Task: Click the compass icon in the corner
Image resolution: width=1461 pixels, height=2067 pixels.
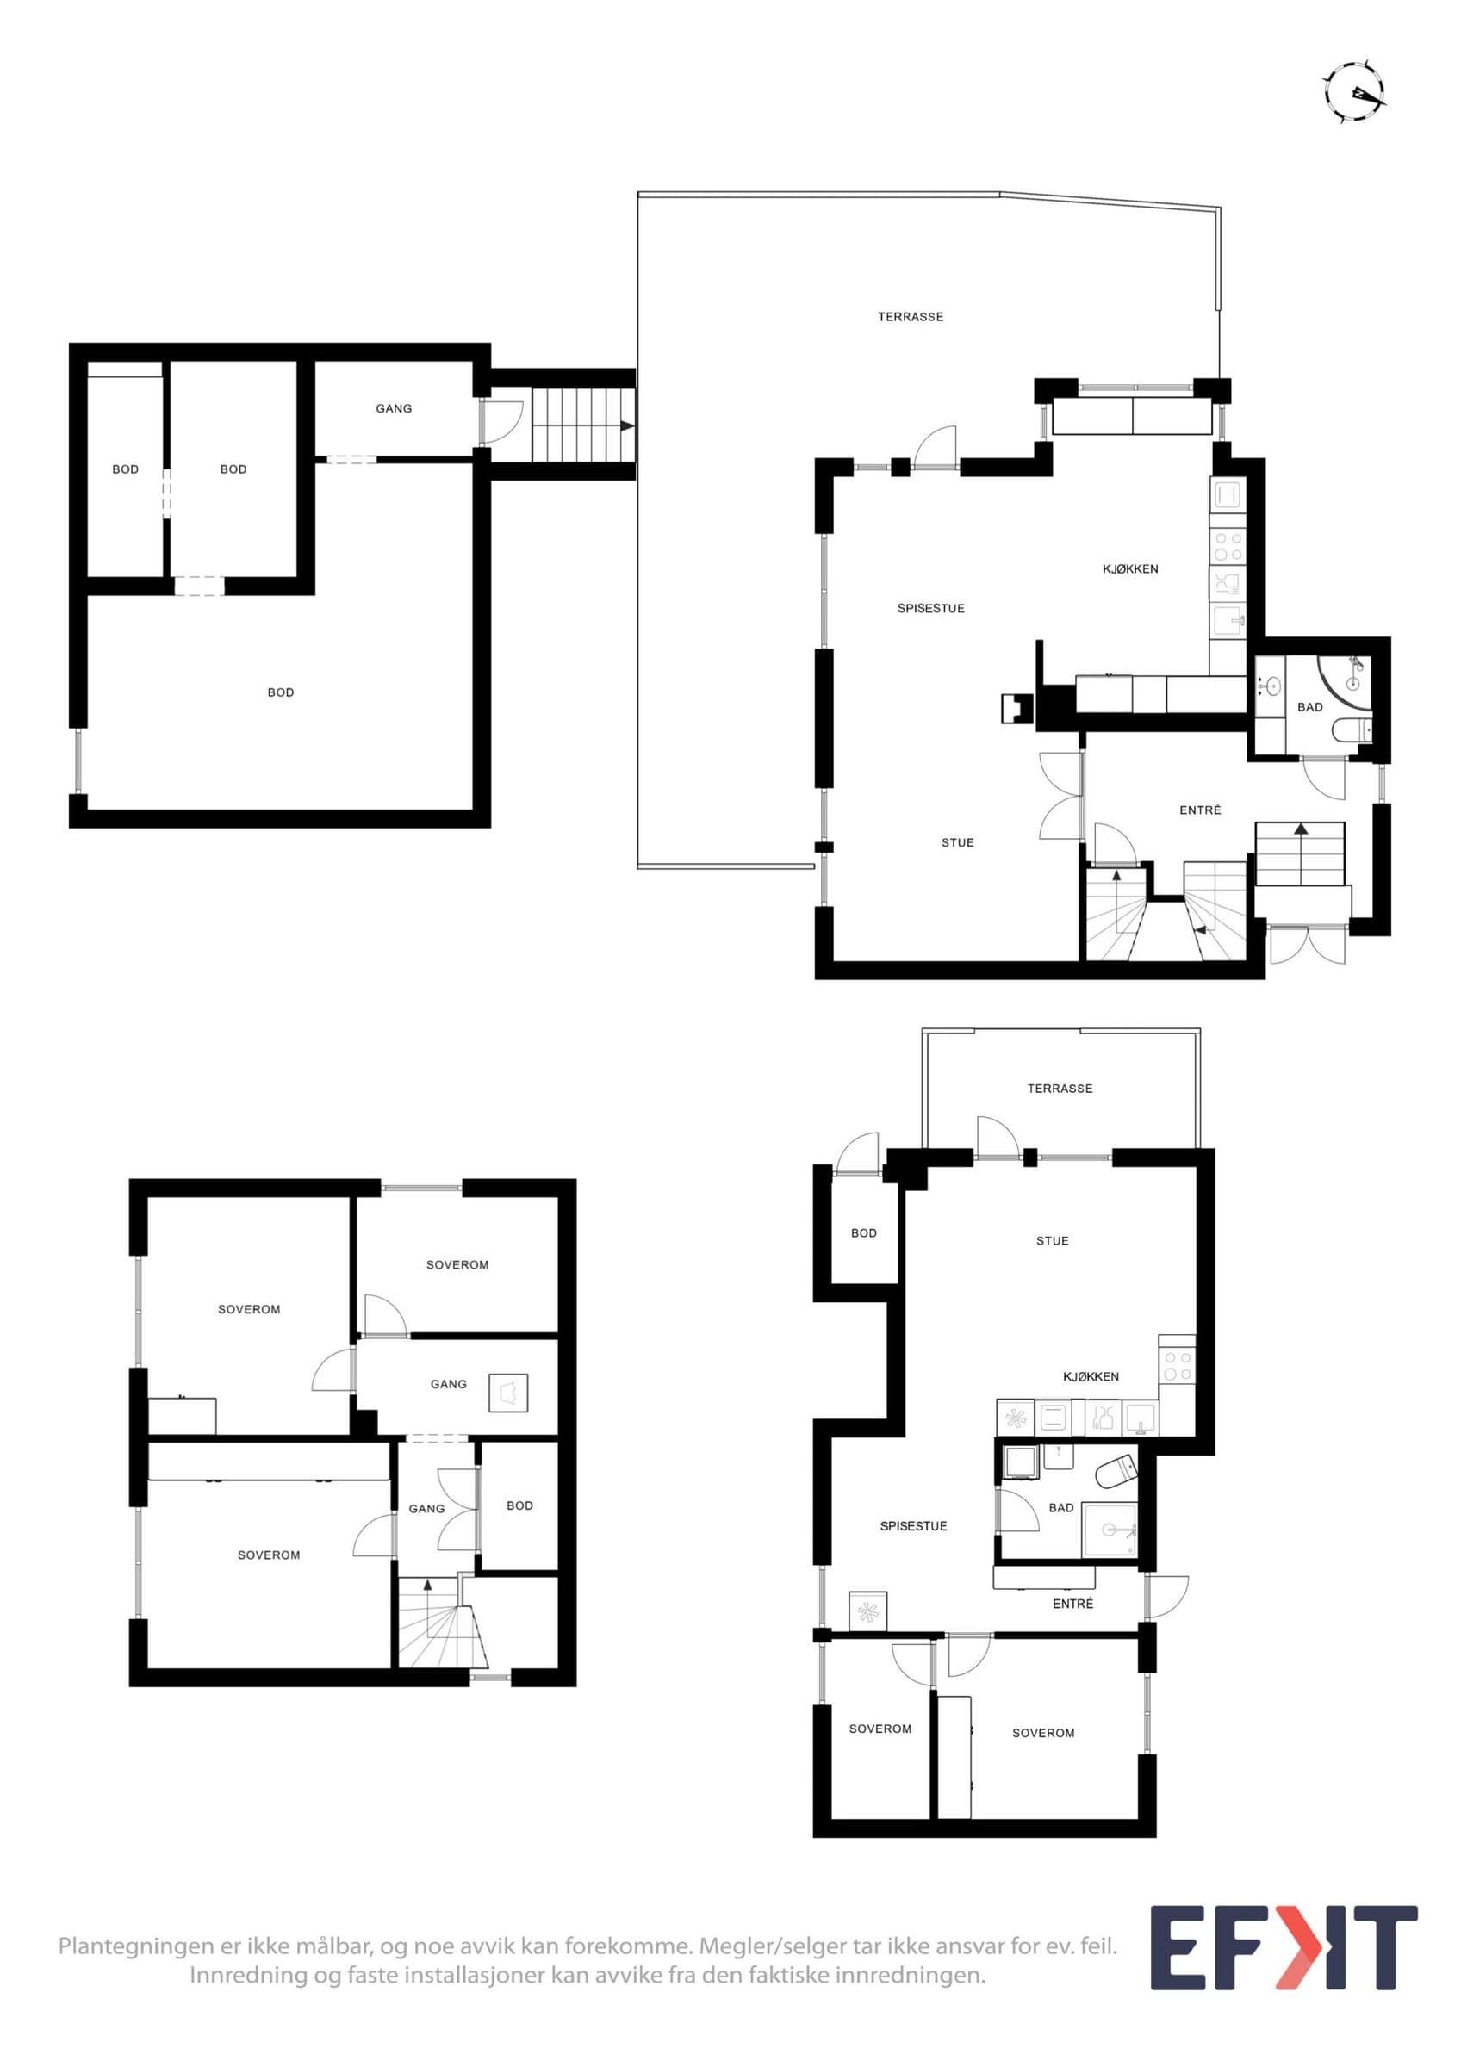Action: pos(1354,92)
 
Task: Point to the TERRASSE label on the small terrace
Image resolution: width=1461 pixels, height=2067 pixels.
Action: pos(1060,1089)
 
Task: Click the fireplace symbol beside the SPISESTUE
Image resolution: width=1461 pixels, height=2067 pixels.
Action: pos(1018,708)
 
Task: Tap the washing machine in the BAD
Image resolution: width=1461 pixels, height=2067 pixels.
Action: pos(1021,1462)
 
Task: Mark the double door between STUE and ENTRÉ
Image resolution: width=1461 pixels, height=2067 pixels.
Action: pos(1062,797)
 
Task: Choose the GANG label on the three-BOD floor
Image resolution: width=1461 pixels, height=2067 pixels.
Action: pos(394,409)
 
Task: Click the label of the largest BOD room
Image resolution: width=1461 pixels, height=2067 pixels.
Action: pos(280,692)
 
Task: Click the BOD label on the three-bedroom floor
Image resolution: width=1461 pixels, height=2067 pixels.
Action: pos(519,1505)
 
